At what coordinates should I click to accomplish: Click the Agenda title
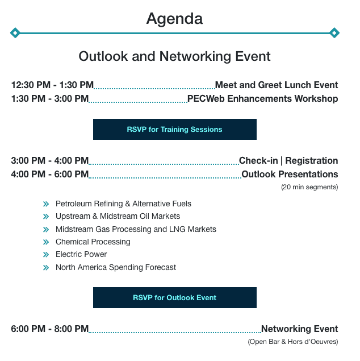coord(174,19)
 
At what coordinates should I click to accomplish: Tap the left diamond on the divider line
coord(15,33)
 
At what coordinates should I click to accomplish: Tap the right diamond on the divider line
coord(334,33)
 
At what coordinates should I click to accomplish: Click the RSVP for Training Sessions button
coord(175,130)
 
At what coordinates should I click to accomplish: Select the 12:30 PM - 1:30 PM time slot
coord(52,85)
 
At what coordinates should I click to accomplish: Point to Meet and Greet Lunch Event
coord(277,85)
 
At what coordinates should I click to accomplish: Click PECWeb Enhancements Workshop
coord(262,98)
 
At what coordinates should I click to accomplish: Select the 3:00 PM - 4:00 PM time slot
coord(50,160)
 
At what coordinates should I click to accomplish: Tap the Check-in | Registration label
coord(288,160)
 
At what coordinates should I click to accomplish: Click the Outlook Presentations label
coord(290,175)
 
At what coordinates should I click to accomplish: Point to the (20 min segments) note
coord(309,187)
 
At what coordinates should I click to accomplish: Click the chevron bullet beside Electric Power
coord(46,254)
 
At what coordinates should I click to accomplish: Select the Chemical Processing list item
coord(93,242)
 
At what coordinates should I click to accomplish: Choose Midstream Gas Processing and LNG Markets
coord(136,229)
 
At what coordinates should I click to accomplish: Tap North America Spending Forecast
coord(116,267)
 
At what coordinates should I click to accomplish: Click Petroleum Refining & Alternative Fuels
coord(123,204)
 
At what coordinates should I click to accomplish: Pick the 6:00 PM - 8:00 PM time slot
coord(50,329)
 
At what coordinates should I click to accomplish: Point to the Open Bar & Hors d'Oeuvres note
coord(293,342)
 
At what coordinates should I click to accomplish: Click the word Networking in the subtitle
coord(195,56)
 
